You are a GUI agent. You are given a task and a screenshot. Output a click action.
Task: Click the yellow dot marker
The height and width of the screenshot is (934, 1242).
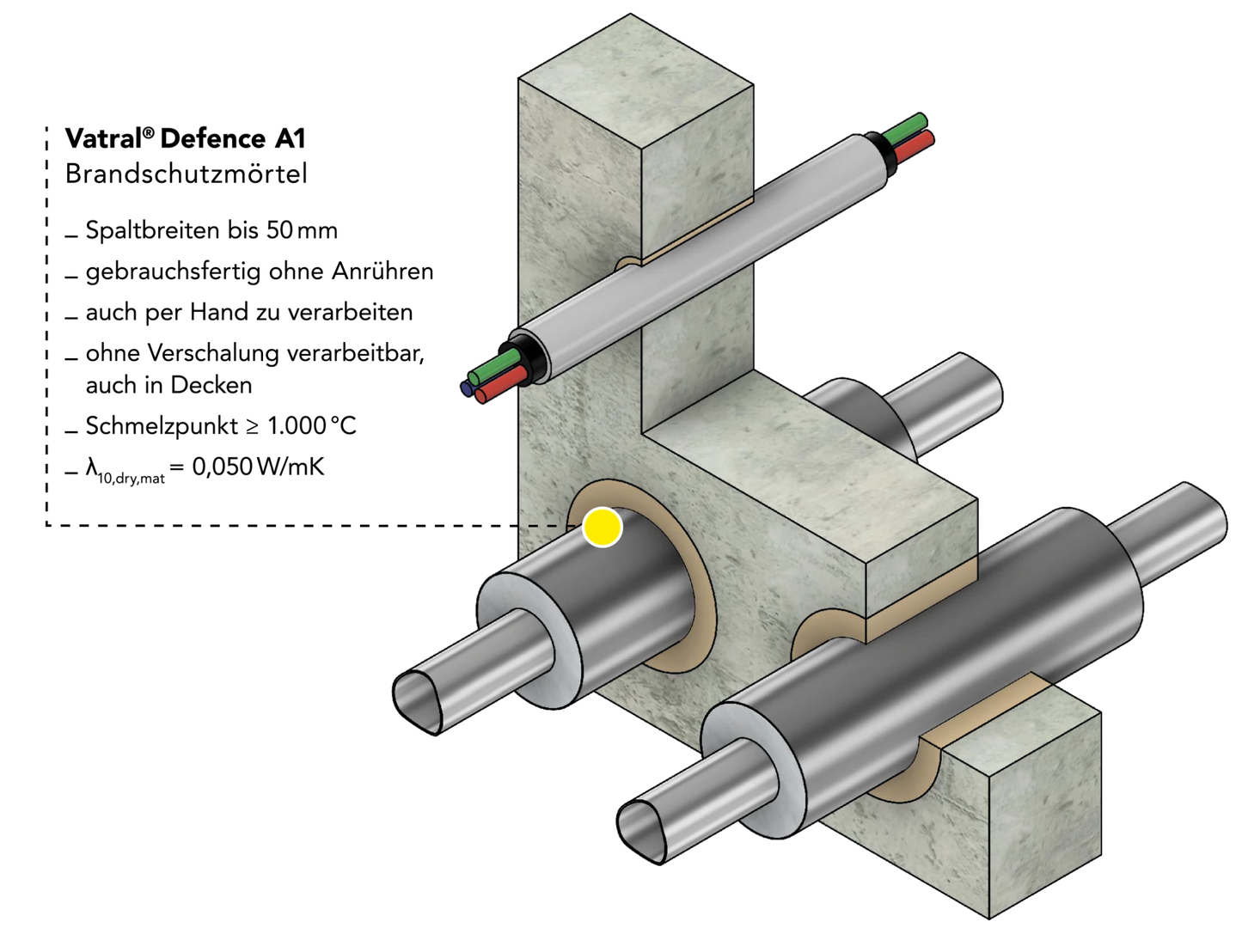[602, 527]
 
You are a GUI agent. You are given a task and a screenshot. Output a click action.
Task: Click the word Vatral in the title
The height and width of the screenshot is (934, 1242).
[103, 138]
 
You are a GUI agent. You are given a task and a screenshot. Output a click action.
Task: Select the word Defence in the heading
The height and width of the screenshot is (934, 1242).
[213, 138]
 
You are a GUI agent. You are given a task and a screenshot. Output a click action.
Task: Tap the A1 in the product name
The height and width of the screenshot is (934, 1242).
[291, 138]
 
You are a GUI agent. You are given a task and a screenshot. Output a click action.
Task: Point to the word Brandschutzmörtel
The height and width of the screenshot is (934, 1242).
[187, 173]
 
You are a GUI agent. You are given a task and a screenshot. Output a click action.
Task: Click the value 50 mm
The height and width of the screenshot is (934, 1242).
[302, 230]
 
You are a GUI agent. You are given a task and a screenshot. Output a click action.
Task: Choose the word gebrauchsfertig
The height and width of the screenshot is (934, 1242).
[174, 272]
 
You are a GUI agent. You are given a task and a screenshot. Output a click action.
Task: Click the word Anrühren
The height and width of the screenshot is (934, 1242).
[382, 271]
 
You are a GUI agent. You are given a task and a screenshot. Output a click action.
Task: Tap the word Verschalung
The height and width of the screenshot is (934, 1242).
[213, 353]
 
